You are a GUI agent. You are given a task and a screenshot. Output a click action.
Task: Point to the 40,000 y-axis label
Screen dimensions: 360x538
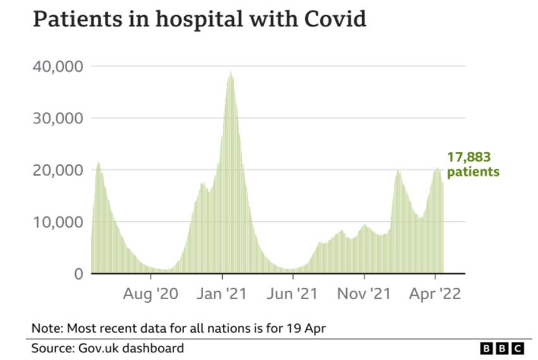(x=57, y=66)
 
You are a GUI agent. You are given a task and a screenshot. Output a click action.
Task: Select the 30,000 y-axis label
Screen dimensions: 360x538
(x=57, y=118)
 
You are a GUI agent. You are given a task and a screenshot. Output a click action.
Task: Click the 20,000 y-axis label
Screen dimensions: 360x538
(x=57, y=170)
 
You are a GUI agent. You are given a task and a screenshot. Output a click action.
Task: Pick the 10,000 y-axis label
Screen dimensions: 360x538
(x=57, y=222)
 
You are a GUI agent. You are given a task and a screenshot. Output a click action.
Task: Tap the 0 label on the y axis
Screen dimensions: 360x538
(x=78, y=274)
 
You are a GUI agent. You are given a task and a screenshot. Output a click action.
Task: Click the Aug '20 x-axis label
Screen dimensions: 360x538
(x=151, y=295)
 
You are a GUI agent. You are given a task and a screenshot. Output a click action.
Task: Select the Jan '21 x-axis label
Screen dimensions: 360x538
(x=222, y=295)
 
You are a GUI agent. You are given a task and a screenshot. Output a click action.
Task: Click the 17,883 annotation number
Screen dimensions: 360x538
(x=469, y=158)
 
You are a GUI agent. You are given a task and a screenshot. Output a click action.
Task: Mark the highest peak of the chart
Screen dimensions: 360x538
(x=231, y=72)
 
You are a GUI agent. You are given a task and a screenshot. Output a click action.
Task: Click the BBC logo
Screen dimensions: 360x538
(x=503, y=349)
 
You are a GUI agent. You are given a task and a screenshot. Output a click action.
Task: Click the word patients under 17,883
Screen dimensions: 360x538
(x=473, y=172)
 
